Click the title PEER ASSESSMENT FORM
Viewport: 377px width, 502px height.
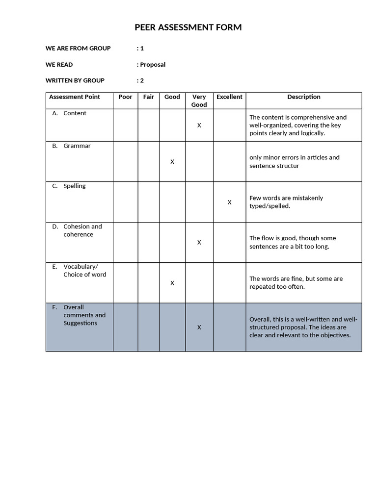(x=188, y=27)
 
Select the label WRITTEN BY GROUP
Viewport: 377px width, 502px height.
(x=75, y=80)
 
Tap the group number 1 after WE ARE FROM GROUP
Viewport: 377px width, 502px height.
(x=142, y=48)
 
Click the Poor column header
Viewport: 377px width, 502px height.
(x=125, y=97)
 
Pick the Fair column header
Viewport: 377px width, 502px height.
(x=149, y=97)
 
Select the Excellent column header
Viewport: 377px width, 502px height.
(x=229, y=97)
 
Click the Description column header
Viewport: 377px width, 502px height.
(x=304, y=97)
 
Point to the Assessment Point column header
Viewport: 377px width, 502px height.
(x=75, y=97)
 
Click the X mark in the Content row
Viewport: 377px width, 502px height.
(x=199, y=125)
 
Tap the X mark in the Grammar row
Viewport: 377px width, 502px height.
(x=172, y=162)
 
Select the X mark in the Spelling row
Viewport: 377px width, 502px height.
(x=229, y=202)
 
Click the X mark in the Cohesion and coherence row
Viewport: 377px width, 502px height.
(x=199, y=242)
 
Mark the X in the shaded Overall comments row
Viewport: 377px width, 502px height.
(x=199, y=327)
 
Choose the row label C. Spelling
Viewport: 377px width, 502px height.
(x=74, y=186)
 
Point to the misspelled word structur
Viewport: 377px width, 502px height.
(x=286, y=166)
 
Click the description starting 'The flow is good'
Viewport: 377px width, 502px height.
(x=293, y=242)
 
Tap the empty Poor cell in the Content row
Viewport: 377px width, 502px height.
(x=125, y=125)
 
